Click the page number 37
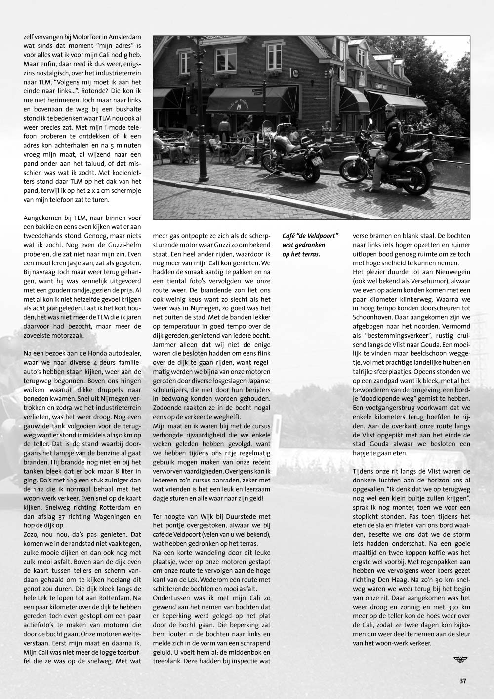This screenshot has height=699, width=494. click(463, 680)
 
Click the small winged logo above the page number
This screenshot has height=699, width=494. click(459, 659)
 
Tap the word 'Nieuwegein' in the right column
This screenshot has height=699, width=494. click(437, 272)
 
